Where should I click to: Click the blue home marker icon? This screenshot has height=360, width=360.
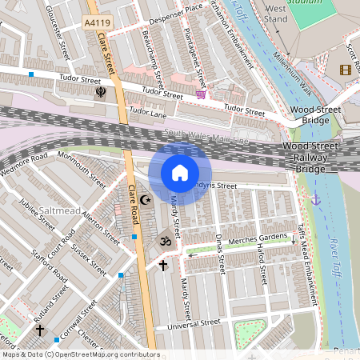click(x=180, y=173)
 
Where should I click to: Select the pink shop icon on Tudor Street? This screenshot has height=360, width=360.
click(x=200, y=94)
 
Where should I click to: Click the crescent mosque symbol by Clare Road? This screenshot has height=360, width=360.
click(x=145, y=200)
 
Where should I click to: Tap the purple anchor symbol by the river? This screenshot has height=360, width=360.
click(x=316, y=198)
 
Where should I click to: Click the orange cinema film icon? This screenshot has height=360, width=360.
click(x=345, y=70)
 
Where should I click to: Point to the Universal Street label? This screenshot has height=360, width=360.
click(x=188, y=324)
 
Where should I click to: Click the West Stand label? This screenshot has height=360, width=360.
click(x=275, y=12)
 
